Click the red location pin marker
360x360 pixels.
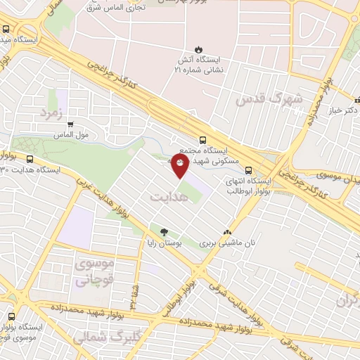click(180, 166)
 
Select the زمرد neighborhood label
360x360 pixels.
click(53, 112)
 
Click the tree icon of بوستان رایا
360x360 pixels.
click(164, 231)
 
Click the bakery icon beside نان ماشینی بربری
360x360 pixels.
click(227, 231)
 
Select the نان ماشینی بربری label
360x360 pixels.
click(226, 243)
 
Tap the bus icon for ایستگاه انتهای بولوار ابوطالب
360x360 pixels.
click(248, 169)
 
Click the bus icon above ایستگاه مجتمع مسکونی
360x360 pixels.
click(202, 140)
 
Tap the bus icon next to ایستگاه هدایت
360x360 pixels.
click(30, 159)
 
